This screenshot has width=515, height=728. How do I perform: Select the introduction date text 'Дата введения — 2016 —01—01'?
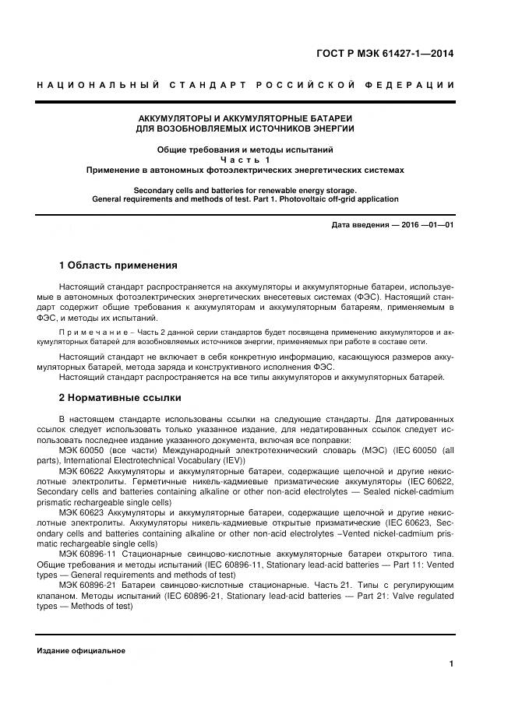[x=393, y=225]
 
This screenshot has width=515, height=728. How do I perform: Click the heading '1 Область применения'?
[x=118, y=266]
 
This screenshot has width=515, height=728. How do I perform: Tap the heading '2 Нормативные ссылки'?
[x=120, y=398]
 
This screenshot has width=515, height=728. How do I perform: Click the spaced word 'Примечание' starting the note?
[x=88, y=332]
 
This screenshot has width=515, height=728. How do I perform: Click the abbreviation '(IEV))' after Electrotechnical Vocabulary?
[x=231, y=461]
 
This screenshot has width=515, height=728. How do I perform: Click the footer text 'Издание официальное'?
[x=81, y=651]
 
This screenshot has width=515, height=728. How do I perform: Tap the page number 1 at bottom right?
[x=451, y=664]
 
